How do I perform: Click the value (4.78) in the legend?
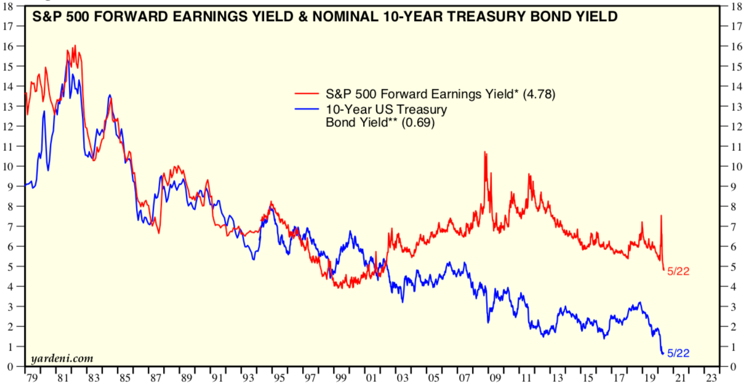point(539,94)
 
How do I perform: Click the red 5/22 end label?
point(678,271)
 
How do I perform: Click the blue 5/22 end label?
point(678,353)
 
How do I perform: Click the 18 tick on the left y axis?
point(8,6)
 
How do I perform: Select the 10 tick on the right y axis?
point(732,166)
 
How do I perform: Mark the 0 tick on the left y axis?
point(10,367)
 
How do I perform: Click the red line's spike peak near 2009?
point(485,152)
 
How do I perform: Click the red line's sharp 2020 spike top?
point(661,216)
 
